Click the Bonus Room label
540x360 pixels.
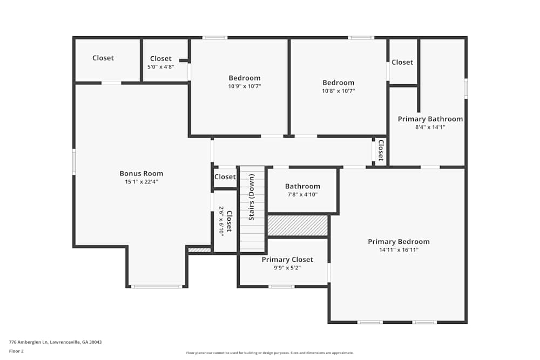pos(141,173)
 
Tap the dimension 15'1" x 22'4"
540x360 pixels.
pos(141,182)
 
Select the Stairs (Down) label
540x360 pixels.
pos(252,197)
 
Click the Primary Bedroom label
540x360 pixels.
pos(399,241)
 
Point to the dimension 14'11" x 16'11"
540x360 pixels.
pos(399,250)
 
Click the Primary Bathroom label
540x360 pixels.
pos(430,119)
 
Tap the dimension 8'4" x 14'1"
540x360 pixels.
pos(430,127)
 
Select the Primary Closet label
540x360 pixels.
pos(287,260)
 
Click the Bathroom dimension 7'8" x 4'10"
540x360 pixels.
pos(302,194)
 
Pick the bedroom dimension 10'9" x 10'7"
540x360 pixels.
pos(244,86)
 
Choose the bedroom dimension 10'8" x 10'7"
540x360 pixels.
pos(338,91)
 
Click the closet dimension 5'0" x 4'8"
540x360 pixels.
pos(160,67)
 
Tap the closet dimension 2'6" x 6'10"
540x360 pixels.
pos(221,220)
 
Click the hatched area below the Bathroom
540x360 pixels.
pos(298,225)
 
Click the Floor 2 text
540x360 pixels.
pos(16,351)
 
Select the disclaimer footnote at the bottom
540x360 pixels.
pos(271,353)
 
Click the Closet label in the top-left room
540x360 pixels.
pos(103,58)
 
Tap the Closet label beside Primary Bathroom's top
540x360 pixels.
pos(402,62)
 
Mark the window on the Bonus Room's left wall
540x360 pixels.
pos(74,162)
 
